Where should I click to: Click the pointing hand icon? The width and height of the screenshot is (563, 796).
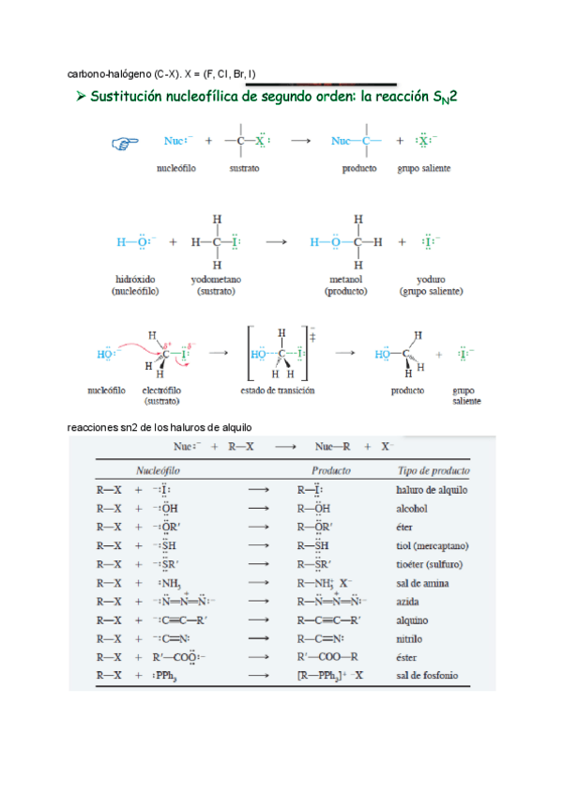pos(124,143)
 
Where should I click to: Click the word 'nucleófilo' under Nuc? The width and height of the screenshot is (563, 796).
pos(175,169)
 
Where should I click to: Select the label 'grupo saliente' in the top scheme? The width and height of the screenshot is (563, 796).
pos(423,169)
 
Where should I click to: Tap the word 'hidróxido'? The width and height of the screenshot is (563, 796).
pos(136,279)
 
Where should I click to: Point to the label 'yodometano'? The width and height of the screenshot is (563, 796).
pos(217,279)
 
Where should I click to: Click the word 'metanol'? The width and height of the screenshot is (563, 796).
pos(346,279)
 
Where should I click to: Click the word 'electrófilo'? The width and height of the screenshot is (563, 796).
pos(161,390)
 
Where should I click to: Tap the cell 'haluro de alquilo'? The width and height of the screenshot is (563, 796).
pos(432,490)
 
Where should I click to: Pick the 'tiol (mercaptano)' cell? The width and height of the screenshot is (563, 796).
pos(432,545)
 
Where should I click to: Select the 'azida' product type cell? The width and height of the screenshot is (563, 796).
pos(408,601)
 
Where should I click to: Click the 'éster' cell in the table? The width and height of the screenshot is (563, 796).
pos(408,657)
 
